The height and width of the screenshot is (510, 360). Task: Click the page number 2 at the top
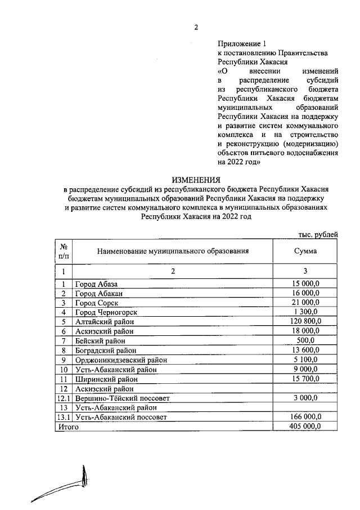coord(196,26)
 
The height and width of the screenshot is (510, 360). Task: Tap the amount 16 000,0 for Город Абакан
coord(305,293)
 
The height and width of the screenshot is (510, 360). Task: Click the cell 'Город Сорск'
coord(97,303)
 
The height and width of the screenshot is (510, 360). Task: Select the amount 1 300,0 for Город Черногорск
coord(305,312)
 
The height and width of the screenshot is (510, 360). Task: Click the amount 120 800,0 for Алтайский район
coord(305,321)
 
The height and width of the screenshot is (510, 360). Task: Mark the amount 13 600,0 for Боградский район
coord(305,350)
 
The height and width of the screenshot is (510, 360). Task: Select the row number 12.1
coord(64,398)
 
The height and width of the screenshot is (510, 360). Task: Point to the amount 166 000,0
coord(305,417)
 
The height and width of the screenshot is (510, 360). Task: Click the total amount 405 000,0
coord(305,427)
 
